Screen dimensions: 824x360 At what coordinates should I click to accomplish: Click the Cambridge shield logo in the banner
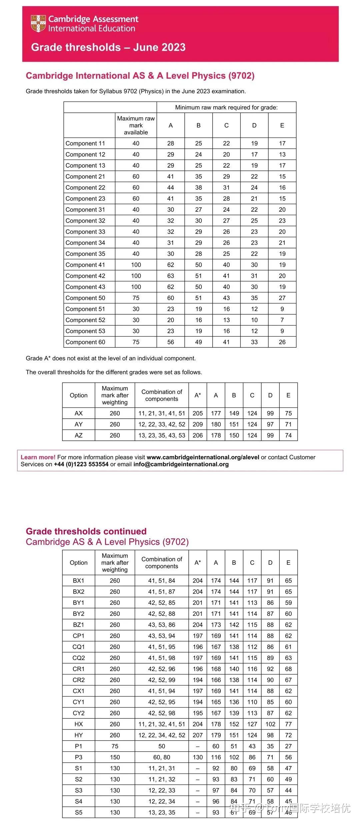point(38,23)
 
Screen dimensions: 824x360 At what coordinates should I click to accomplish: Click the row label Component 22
point(85,188)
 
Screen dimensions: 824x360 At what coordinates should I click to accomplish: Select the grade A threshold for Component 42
point(171,276)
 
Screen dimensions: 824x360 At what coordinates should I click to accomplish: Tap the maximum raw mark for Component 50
point(136,298)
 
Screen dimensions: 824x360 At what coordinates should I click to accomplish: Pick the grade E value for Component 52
point(282,320)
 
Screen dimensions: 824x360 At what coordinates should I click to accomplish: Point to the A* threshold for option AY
point(198,424)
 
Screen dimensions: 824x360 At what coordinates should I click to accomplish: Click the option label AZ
point(79,435)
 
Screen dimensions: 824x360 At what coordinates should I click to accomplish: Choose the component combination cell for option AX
point(162,413)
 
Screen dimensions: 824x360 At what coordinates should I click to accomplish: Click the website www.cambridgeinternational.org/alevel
point(203,457)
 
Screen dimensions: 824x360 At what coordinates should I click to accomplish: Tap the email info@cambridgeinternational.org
point(181,464)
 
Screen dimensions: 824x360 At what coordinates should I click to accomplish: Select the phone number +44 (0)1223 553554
point(81,464)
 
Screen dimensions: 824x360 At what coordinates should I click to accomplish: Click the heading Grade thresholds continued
point(86,531)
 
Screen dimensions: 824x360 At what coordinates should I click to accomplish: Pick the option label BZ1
point(79,625)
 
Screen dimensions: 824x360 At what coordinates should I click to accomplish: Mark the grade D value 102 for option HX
point(270,724)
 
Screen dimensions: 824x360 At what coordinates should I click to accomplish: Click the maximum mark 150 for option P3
point(115,757)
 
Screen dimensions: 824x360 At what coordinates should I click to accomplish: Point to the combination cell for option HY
point(162,735)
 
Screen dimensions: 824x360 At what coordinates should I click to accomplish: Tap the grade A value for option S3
point(216,790)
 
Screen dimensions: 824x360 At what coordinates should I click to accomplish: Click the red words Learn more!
point(38,457)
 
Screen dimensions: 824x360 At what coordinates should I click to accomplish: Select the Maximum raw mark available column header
point(136,125)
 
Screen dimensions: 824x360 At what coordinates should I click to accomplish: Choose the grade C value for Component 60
point(226,342)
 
